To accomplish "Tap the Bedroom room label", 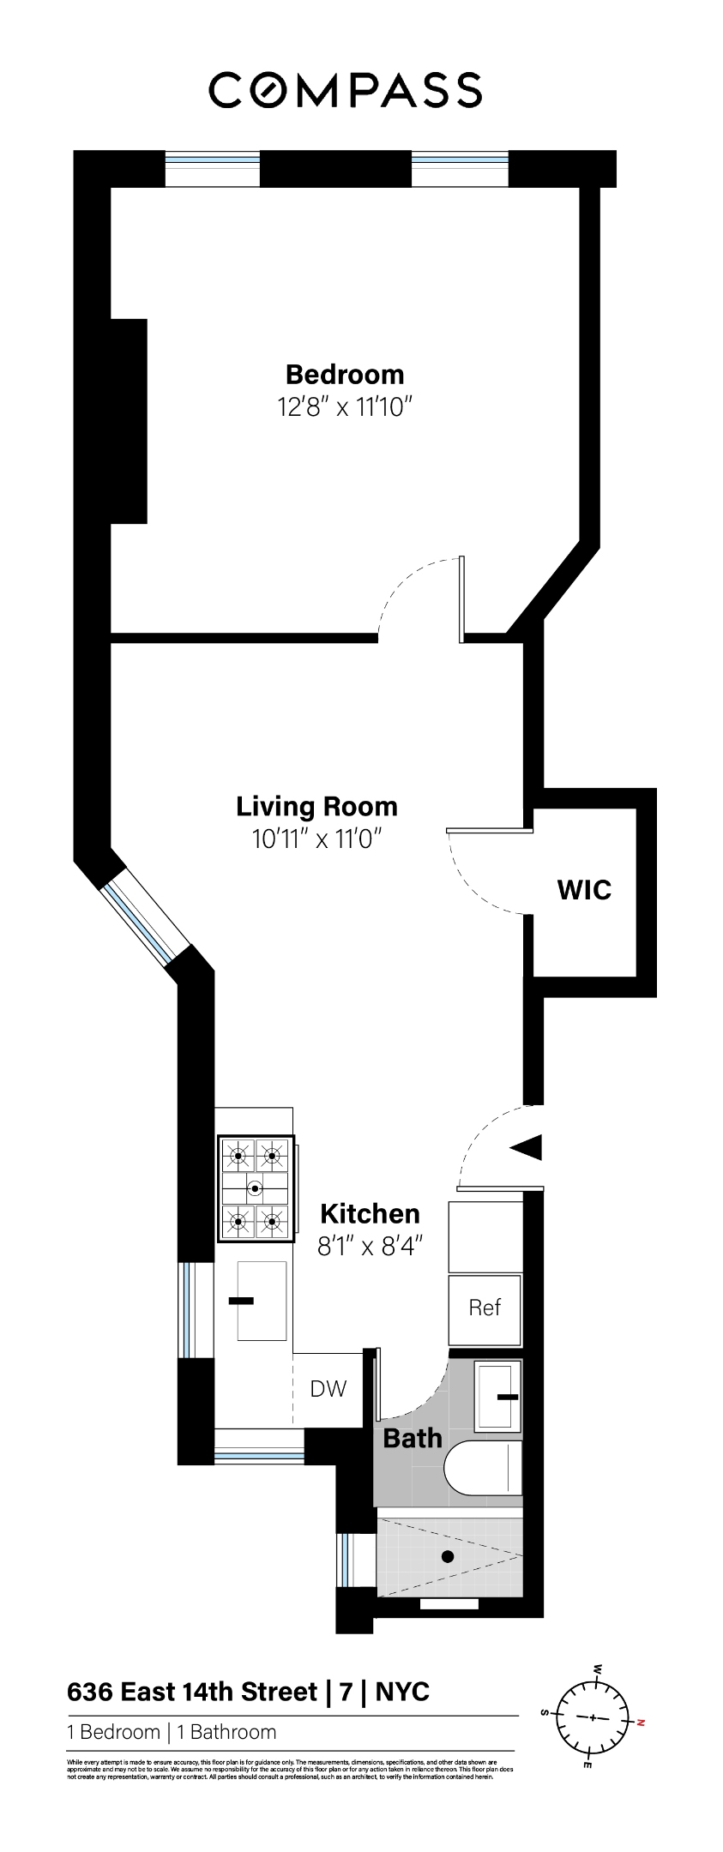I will [x=345, y=375].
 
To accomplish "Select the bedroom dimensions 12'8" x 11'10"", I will [x=346, y=406].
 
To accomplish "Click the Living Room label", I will [x=317, y=807].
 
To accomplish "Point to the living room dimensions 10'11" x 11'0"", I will [x=316, y=839].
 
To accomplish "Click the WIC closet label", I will [x=584, y=890].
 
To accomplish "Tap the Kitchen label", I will [x=370, y=1213].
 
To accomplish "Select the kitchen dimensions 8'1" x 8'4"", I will [x=371, y=1245].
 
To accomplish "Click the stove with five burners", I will [x=256, y=1188].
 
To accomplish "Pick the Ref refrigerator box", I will [x=485, y=1308].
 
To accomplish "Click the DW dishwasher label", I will [x=328, y=1388].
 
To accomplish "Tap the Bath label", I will [x=413, y=1438].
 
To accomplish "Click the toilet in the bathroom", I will [x=484, y=1467].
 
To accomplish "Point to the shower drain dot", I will [x=447, y=1556].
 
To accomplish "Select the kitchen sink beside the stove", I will [x=262, y=1301].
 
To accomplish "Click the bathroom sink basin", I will [x=498, y=1396].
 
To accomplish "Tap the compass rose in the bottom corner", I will [x=592, y=1718].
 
